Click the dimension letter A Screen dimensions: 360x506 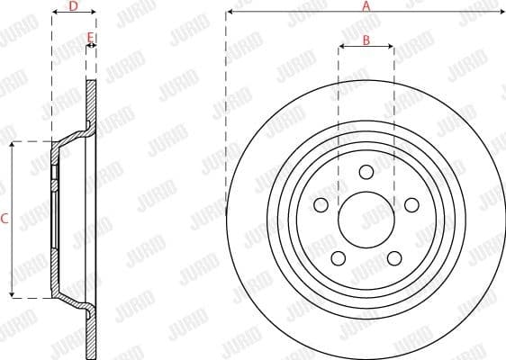tap(366, 5)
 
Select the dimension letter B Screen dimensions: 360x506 tap(366, 40)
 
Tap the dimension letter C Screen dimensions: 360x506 tap(5, 219)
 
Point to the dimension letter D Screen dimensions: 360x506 tap(73, 6)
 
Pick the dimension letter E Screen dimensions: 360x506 tap(90, 38)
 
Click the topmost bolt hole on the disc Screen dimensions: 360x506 tap(366, 172)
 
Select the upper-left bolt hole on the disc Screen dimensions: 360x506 tap(321, 204)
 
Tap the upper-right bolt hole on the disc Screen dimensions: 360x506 tap(411, 204)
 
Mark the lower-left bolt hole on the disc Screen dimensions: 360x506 tap(338, 258)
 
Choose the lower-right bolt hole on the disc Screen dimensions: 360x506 tap(393, 258)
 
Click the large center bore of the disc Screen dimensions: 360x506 tap(366, 220)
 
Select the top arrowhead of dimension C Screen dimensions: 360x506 tap(12, 145)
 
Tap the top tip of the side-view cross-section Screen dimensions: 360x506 tap(91, 82)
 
